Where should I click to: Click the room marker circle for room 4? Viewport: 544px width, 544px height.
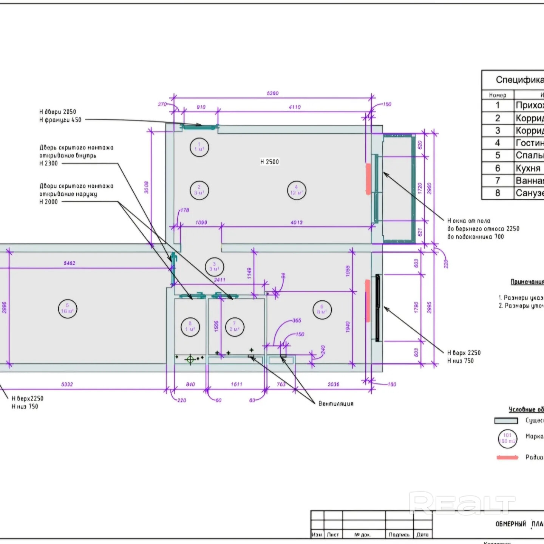coord(297,190)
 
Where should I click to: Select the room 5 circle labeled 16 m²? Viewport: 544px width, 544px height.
coord(68,309)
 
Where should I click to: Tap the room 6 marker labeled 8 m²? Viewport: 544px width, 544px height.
coord(322,309)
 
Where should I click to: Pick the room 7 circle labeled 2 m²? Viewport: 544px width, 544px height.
coord(235,327)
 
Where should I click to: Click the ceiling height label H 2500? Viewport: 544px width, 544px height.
coord(270,162)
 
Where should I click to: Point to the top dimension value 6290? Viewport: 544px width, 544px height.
coord(273,93)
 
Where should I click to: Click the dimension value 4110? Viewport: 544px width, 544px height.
coord(295,107)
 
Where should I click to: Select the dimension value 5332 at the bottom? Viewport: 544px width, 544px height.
coord(67,384)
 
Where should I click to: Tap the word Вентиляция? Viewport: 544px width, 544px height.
coord(336,403)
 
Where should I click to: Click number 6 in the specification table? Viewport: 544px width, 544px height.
coord(498,168)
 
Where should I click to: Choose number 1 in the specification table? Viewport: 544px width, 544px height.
coord(498,105)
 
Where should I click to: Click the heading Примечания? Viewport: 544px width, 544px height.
coord(527,282)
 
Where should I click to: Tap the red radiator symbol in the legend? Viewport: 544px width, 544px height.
coord(507,457)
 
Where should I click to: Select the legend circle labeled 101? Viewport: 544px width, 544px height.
coord(507,439)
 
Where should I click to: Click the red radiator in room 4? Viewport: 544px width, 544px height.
coord(368,179)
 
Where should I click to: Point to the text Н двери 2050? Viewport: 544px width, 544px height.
coord(58,112)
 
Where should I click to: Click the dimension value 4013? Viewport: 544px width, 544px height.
coord(297,223)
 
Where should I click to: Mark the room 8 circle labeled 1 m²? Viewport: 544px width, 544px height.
coord(190,327)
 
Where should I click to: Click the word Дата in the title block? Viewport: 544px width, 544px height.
coord(422,535)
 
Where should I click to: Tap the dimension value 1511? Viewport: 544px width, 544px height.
coord(236,384)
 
